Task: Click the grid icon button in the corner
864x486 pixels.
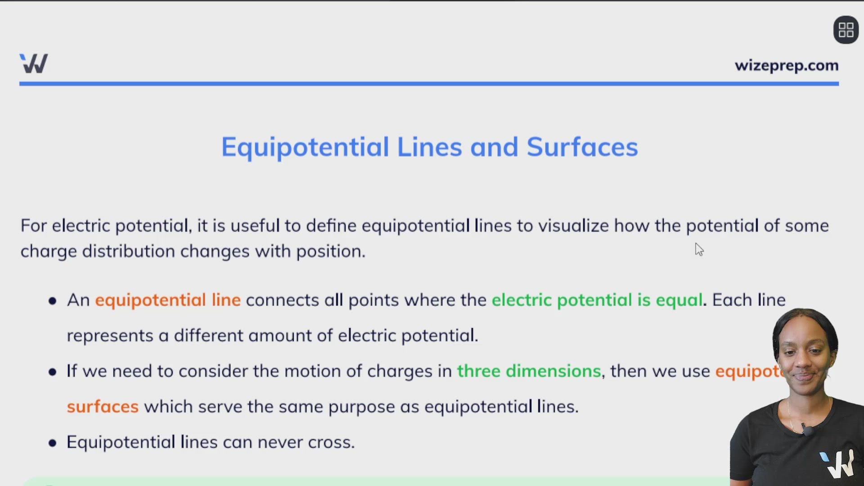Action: pyautogui.click(x=846, y=30)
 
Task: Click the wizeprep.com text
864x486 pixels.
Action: pyautogui.click(x=786, y=66)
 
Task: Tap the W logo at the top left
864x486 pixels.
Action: pyautogui.click(x=34, y=63)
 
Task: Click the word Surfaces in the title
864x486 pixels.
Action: pyautogui.click(x=582, y=147)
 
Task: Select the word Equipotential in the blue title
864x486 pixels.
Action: pyautogui.click(x=305, y=147)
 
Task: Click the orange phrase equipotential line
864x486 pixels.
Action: pyautogui.click(x=167, y=300)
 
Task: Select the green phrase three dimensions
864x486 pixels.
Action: pyautogui.click(x=529, y=371)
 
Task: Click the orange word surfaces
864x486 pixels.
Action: pyautogui.click(x=103, y=407)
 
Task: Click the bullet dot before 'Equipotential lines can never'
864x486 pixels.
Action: pyautogui.click(x=53, y=443)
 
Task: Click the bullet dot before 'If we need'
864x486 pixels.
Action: pyautogui.click(x=53, y=372)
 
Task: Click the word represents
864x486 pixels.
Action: pyautogui.click(x=110, y=336)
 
